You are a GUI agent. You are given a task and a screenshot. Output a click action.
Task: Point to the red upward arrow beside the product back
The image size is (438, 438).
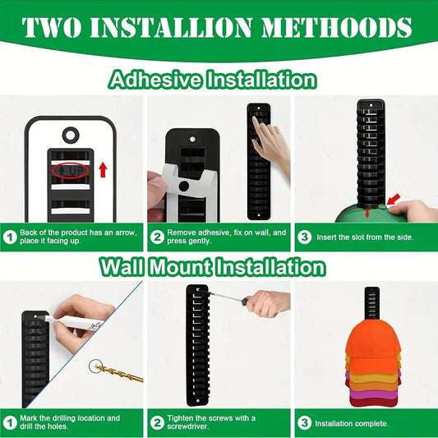pyautogui.click(x=103, y=170)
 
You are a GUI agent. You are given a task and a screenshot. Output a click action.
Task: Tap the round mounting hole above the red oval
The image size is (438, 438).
pyautogui.click(x=70, y=133)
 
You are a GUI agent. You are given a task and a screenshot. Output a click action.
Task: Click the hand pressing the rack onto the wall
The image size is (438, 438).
pyautogui.click(x=271, y=140)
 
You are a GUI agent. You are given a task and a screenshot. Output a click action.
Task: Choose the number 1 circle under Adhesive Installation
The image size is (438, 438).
pyautogui.click(x=12, y=237)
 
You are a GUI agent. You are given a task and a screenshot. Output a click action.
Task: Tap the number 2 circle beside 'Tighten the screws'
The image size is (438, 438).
pyautogui.click(x=158, y=423)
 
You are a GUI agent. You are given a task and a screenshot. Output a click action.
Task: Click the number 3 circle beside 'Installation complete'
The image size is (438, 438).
pyautogui.click(x=305, y=423)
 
